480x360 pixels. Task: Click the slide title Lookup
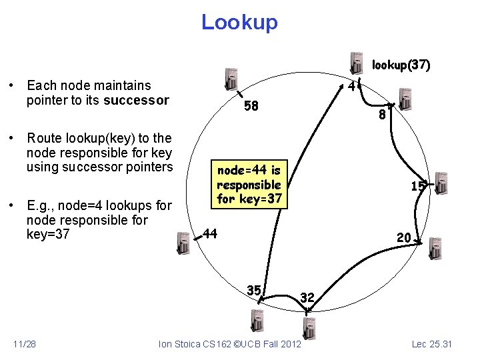click(x=239, y=22)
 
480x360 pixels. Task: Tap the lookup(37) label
click(x=401, y=65)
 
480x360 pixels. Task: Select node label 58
click(x=251, y=105)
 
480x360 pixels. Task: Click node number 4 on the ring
click(x=351, y=86)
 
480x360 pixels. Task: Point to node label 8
click(x=382, y=115)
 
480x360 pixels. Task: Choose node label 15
click(x=417, y=187)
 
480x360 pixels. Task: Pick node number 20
click(x=403, y=237)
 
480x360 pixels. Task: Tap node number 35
click(x=253, y=290)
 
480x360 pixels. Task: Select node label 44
click(x=210, y=233)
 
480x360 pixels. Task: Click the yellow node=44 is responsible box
click(x=249, y=185)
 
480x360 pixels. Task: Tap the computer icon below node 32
click(x=309, y=329)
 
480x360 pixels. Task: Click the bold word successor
click(x=136, y=101)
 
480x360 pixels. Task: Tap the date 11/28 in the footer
click(x=25, y=343)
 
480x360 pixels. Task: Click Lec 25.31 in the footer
click(x=432, y=343)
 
